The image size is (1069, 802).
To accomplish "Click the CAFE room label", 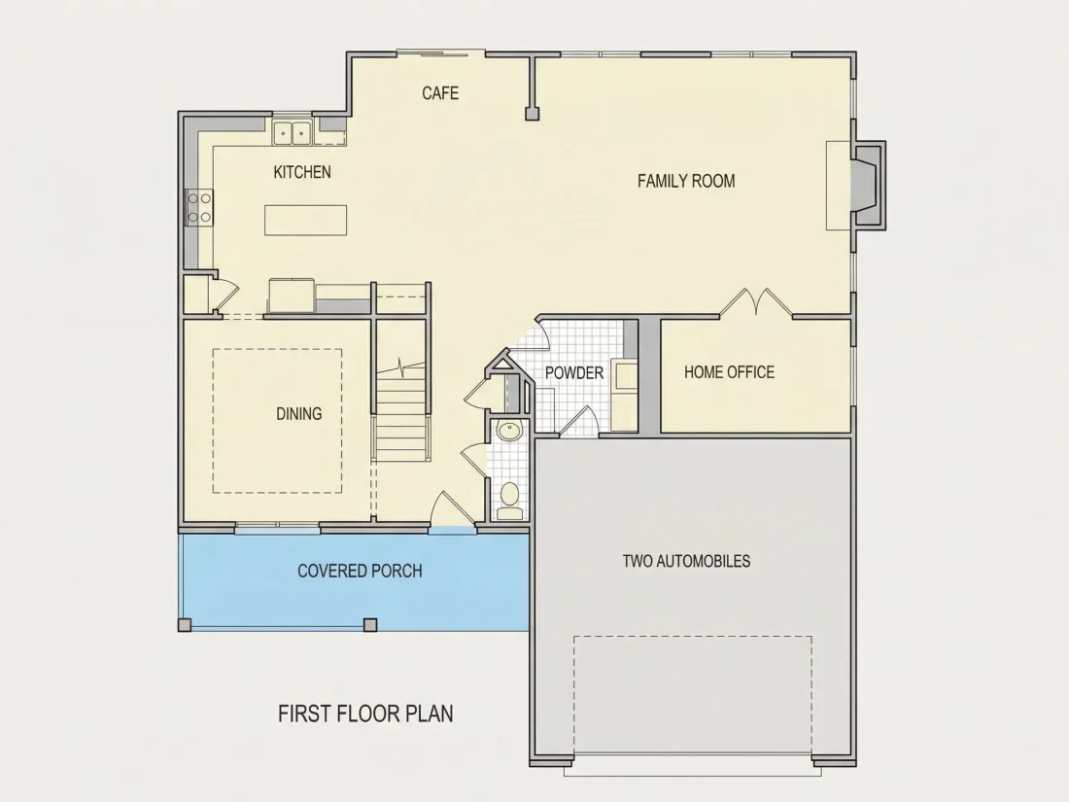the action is pyautogui.click(x=439, y=92).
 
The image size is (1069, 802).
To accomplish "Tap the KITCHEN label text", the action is pyautogui.click(x=302, y=172).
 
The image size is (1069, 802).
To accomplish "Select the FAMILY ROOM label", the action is pyautogui.click(x=686, y=181).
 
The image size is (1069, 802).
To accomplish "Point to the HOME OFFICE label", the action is pyautogui.click(x=730, y=371).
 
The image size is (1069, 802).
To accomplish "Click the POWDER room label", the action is pyautogui.click(x=574, y=373).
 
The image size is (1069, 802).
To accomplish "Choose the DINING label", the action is pyautogui.click(x=298, y=413).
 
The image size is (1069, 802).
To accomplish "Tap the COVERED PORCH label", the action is pyautogui.click(x=360, y=571).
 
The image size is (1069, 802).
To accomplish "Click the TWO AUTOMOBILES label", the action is pyautogui.click(x=686, y=561).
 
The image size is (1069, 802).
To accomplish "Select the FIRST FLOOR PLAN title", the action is pyautogui.click(x=365, y=714).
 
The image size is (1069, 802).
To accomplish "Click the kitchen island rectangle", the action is pyautogui.click(x=305, y=221).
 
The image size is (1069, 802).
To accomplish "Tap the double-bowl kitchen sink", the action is pyautogui.click(x=293, y=132).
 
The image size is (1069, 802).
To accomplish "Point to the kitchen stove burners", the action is pyautogui.click(x=199, y=207).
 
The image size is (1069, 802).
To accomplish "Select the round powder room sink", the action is pyautogui.click(x=508, y=431).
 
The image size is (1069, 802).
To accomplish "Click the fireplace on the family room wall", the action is pyautogui.click(x=867, y=185).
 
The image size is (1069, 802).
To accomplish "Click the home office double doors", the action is pyautogui.click(x=756, y=302).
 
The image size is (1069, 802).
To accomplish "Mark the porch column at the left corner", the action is pyautogui.click(x=185, y=625).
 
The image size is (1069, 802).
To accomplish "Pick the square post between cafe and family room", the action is pyautogui.click(x=533, y=114).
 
